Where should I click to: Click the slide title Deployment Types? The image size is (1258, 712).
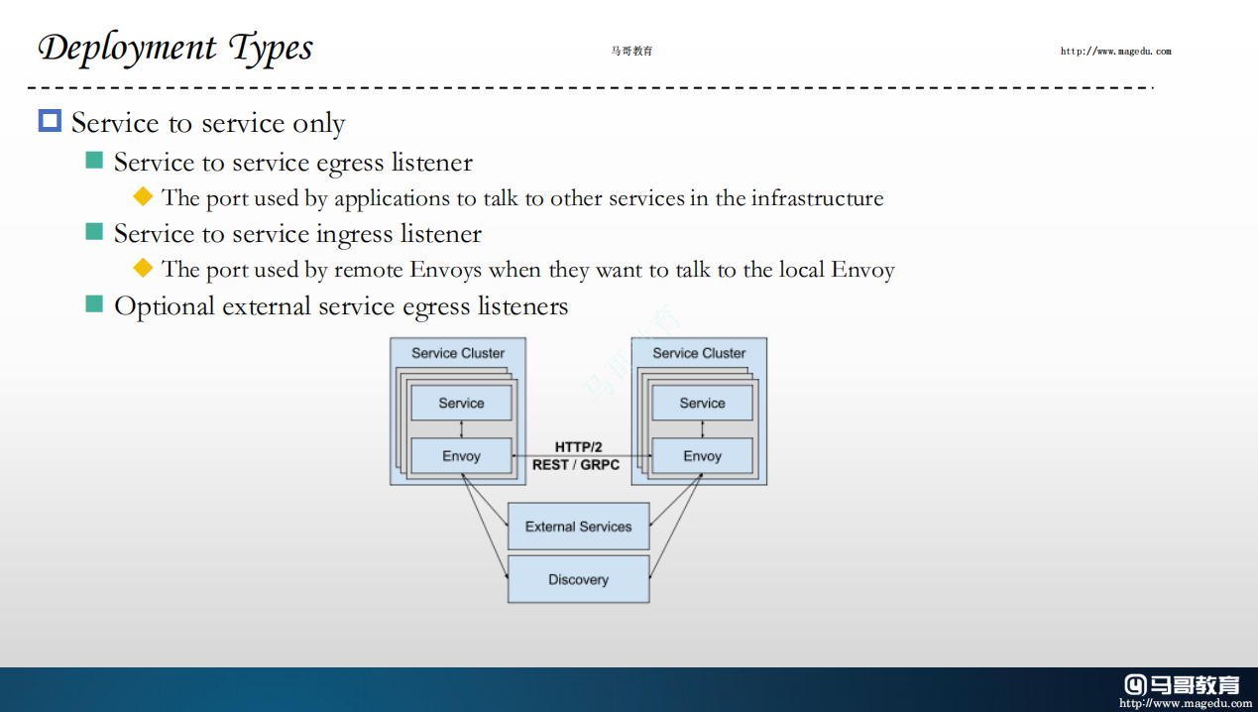point(175,48)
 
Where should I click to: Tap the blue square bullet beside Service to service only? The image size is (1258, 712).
point(50,121)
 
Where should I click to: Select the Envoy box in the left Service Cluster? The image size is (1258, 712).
point(461,456)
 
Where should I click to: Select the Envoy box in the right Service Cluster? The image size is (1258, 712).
point(702,456)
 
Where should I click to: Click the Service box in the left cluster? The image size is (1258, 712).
point(461,404)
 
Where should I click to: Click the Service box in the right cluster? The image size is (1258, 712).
point(702,404)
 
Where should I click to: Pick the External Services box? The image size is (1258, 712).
point(578,527)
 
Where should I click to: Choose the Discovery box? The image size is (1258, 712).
point(578,579)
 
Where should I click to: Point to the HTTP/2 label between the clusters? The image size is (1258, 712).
point(578,447)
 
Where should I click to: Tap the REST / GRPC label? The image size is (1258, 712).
point(576,464)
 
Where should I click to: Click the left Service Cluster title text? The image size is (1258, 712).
point(458,353)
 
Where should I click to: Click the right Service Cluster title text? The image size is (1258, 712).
point(699,353)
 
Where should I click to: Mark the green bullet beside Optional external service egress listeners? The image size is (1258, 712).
point(94,303)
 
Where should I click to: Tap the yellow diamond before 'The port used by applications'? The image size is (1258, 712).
point(143,196)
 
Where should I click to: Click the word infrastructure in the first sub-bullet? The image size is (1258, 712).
point(817,198)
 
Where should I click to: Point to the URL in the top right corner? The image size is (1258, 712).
point(1115,52)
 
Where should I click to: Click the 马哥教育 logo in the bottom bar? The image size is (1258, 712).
point(1182,684)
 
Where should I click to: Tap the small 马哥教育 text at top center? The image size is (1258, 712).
point(631,52)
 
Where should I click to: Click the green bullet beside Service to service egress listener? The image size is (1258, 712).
point(94,161)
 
